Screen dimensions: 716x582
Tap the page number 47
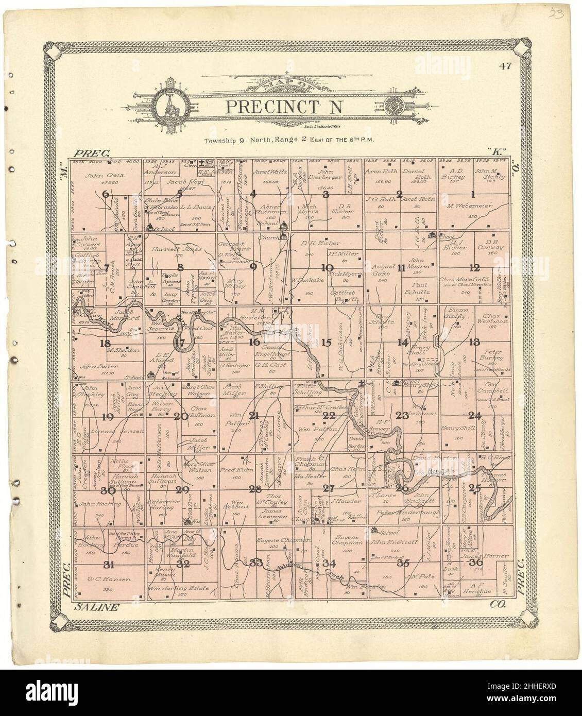click(504, 65)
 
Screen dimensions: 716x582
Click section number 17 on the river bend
click(179, 343)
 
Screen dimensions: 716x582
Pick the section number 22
click(329, 415)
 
